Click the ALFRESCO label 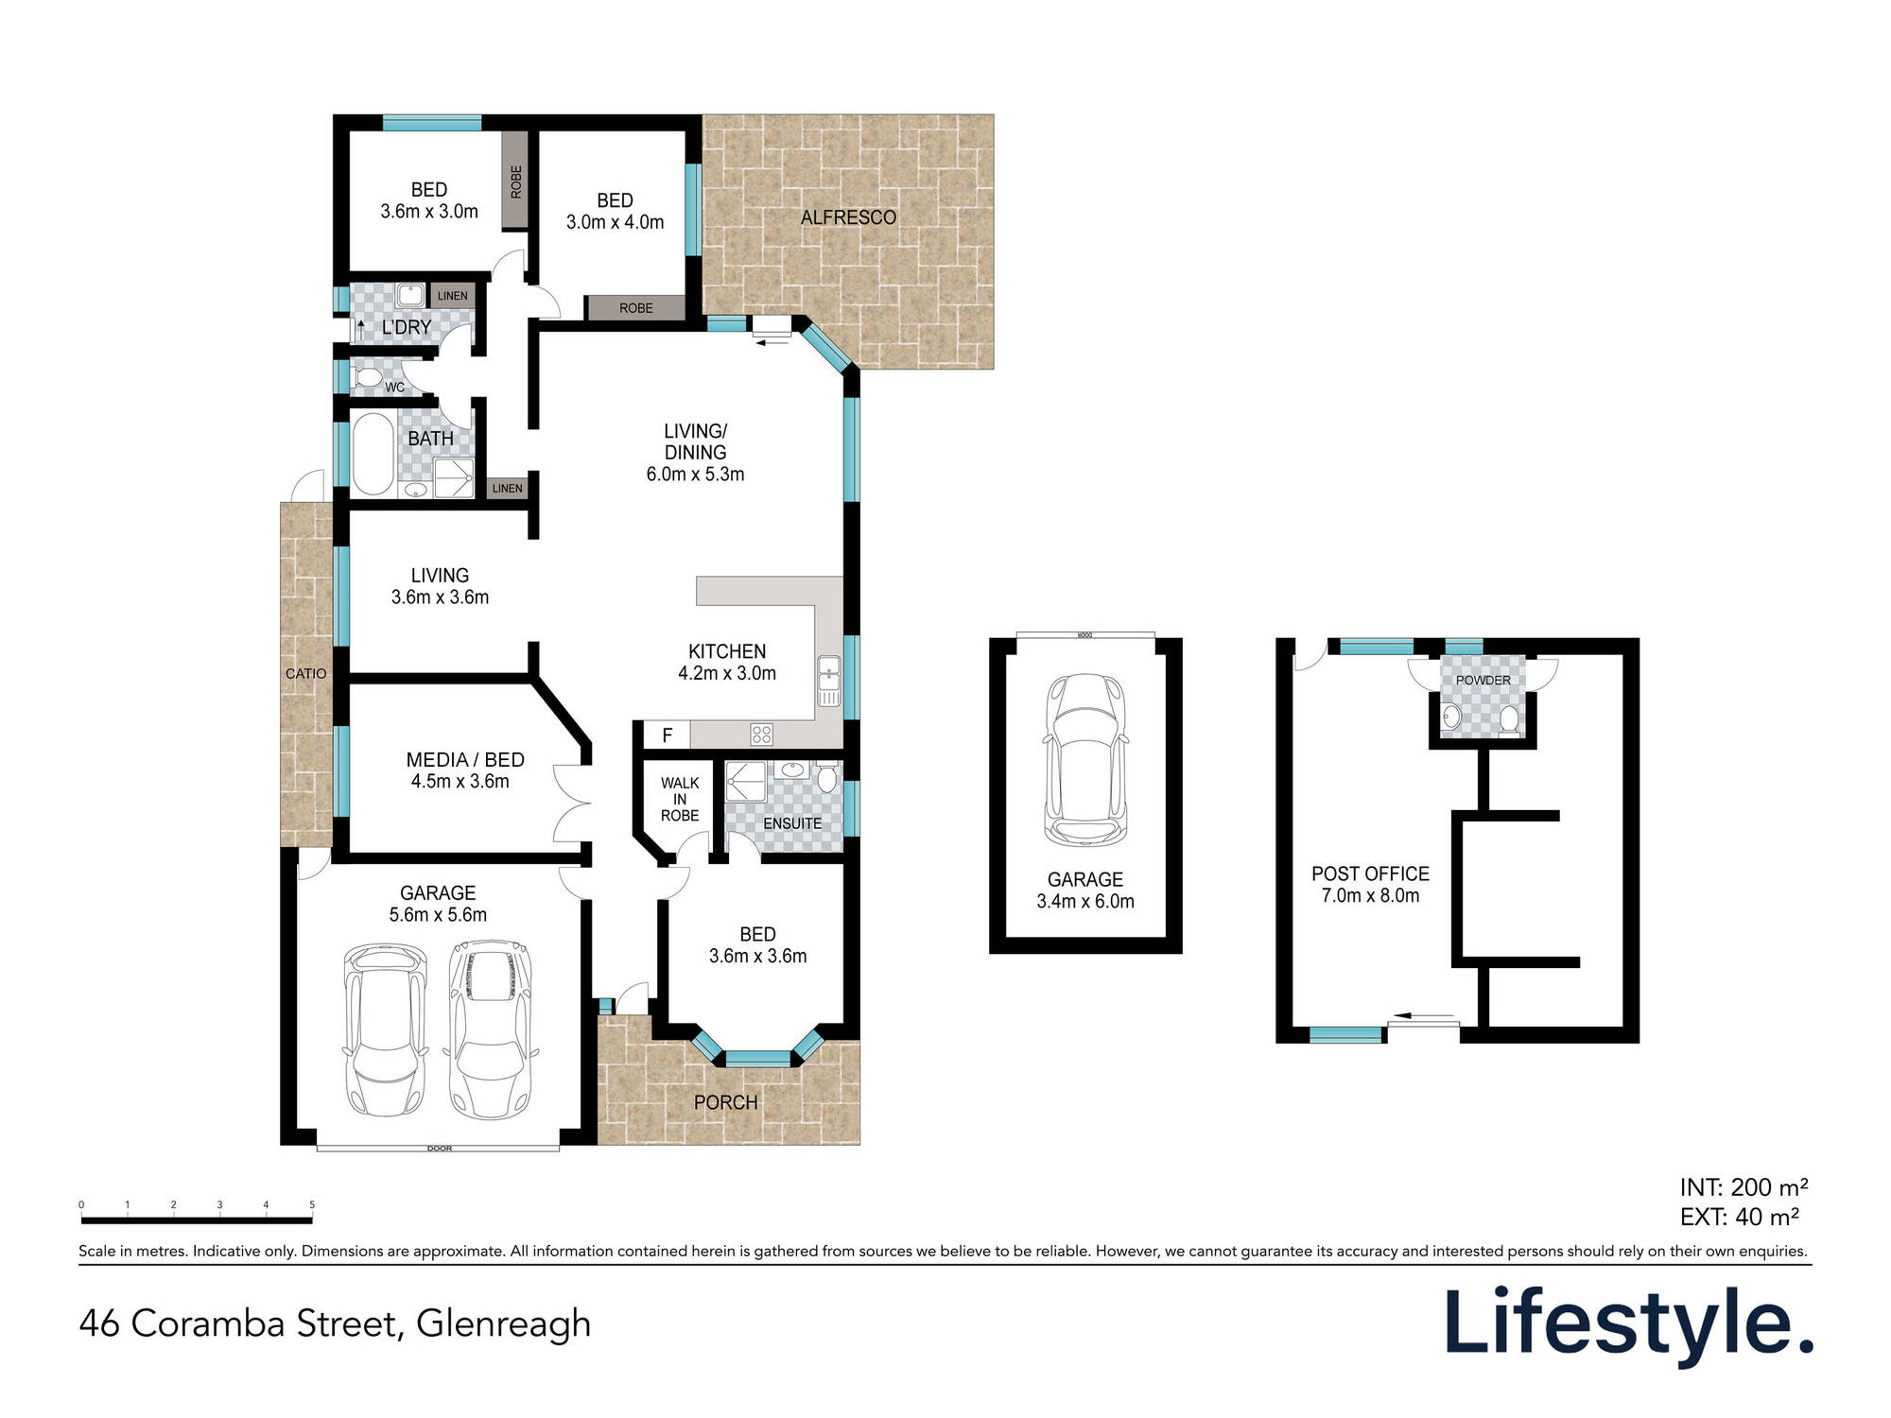(x=848, y=217)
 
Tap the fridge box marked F (x=667, y=735)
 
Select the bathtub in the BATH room (x=372, y=454)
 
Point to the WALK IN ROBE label (x=680, y=799)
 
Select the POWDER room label (x=1483, y=680)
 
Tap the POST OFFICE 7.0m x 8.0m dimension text (x=1370, y=895)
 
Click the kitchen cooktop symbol (x=761, y=734)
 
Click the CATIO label (x=305, y=673)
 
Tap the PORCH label (x=725, y=1102)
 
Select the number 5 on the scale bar (x=312, y=1204)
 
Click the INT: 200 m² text (x=1744, y=1187)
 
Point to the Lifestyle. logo (x=1628, y=1323)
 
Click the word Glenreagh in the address (x=503, y=1323)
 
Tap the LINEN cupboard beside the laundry (x=452, y=296)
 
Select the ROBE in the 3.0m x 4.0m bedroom (x=635, y=308)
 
